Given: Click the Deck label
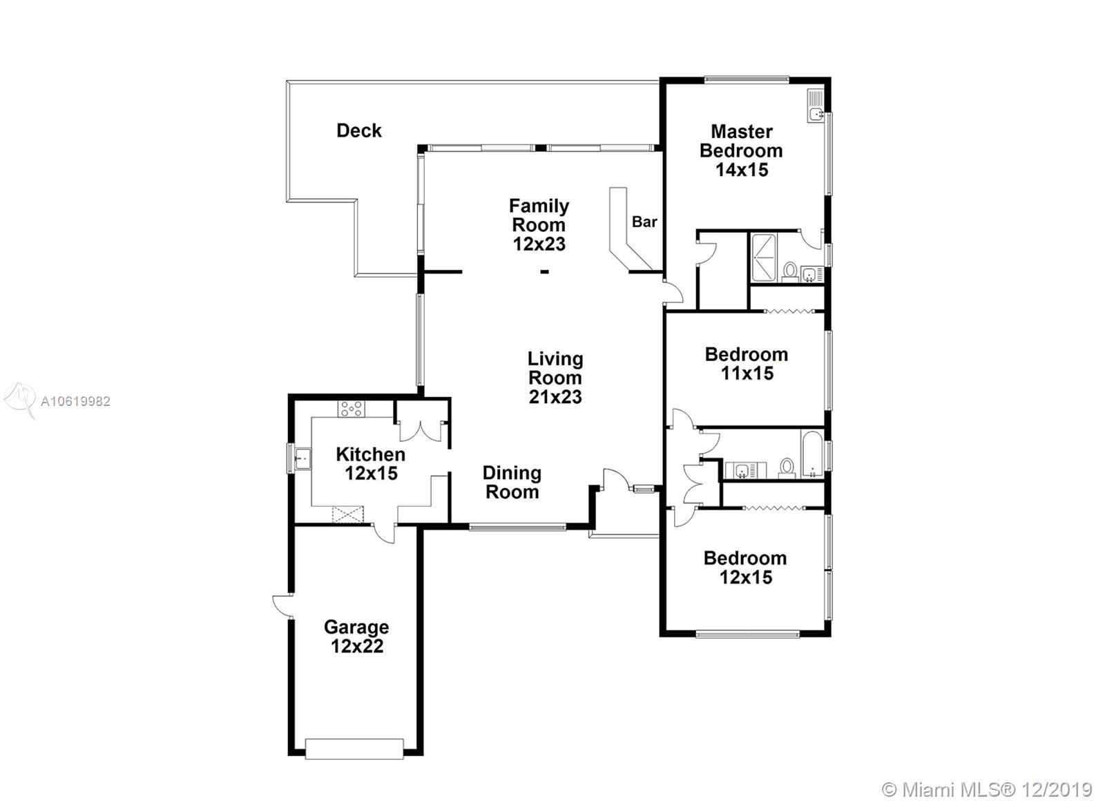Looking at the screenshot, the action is pyautogui.click(x=358, y=130).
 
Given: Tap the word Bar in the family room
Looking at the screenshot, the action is pyautogui.click(x=644, y=222).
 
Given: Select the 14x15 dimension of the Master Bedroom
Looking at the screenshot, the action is pyautogui.click(x=742, y=170).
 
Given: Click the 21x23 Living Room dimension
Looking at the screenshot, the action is pyautogui.click(x=555, y=396).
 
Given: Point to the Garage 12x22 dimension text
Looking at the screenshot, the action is pyautogui.click(x=356, y=646).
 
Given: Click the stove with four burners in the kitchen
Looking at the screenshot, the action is pyautogui.click(x=352, y=409).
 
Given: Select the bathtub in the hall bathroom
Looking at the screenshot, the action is pyautogui.click(x=812, y=454).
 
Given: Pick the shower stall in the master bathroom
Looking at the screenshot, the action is pyautogui.click(x=763, y=258).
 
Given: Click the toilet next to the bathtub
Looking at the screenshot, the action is pyautogui.click(x=787, y=468).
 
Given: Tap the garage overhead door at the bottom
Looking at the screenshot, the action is pyautogui.click(x=354, y=748).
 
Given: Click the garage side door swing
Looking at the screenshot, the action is pyautogui.click(x=283, y=606).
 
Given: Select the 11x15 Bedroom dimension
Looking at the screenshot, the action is pyautogui.click(x=747, y=374).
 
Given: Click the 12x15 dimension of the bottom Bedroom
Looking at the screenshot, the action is pyautogui.click(x=745, y=577).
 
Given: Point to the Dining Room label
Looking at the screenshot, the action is pyautogui.click(x=512, y=483).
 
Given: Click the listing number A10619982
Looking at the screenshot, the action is pyautogui.click(x=75, y=402).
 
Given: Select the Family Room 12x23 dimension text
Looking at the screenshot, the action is pyautogui.click(x=539, y=244).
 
